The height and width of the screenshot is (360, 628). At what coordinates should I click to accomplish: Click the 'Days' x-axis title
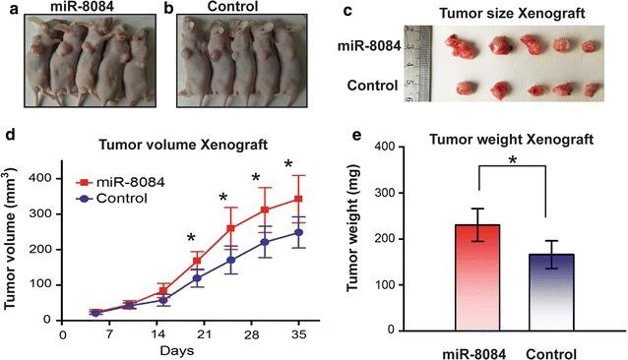178,350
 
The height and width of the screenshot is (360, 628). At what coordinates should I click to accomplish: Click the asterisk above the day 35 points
289,164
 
